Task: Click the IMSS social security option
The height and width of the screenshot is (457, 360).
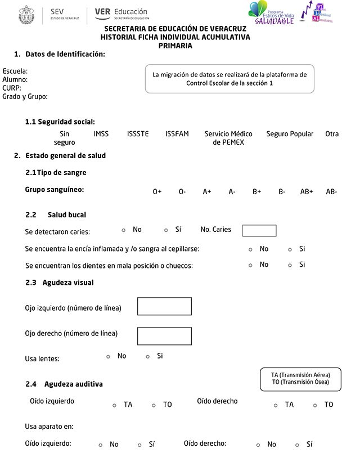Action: click(x=101, y=134)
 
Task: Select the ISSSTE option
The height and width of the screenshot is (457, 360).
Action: click(x=138, y=134)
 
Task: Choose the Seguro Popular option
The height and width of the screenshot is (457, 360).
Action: click(x=290, y=134)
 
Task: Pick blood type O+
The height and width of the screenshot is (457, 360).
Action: click(x=157, y=192)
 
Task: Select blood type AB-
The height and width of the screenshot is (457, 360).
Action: click(x=331, y=192)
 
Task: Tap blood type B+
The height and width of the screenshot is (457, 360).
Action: click(x=256, y=192)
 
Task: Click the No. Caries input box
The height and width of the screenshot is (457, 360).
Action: click(x=259, y=231)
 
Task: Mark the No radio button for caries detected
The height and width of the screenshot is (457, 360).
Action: click(x=124, y=230)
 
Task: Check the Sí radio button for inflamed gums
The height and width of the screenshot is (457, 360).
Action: click(x=290, y=249)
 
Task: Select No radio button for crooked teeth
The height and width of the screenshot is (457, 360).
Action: click(x=251, y=265)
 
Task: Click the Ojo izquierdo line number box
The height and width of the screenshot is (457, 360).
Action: click(x=164, y=307)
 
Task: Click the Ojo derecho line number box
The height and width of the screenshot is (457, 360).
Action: click(x=164, y=336)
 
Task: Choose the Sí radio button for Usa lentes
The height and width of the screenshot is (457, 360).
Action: click(x=148, y=356)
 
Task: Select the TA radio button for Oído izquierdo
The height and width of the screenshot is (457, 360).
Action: click(x=114, y=405)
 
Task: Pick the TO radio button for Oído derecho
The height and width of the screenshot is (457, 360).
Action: click(x=315, y=405)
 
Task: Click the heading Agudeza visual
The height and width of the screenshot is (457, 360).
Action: click(x=68, y=283)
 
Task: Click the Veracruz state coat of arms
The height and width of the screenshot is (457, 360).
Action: click(x=26, y=14)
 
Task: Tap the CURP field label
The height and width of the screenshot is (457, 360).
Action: click(x=12, y=88)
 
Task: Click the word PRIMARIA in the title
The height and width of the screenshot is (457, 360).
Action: click(x=175, y=46)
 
